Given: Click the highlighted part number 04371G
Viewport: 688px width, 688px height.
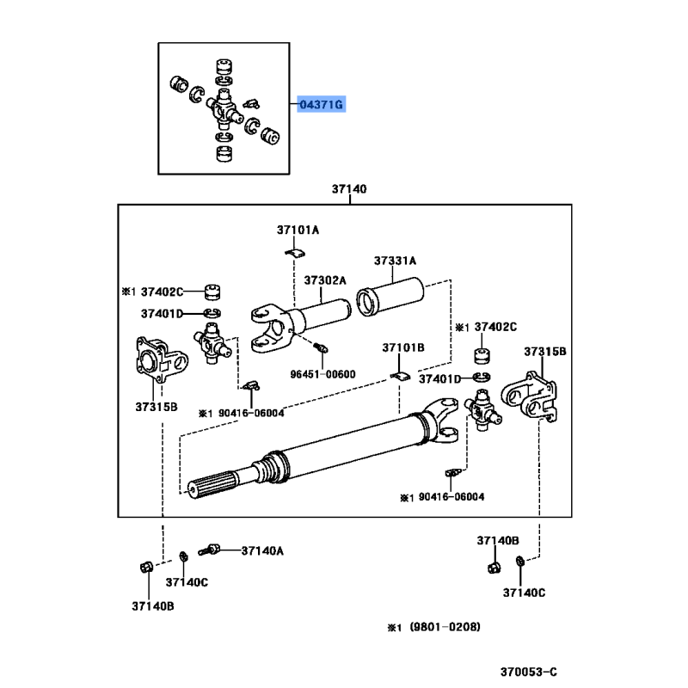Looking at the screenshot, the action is (x=321, y=104).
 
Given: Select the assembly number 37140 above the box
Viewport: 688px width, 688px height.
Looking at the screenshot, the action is (x=349, y=188).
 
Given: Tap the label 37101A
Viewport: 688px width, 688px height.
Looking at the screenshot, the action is (x=298, y=230).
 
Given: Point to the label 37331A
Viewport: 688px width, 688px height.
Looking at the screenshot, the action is (x=395, y=261).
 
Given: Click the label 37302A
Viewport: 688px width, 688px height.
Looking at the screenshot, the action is (x=325, y=280).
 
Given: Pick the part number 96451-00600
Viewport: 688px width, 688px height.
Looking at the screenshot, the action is (x=323, y=374).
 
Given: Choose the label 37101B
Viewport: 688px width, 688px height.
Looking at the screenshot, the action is (x=403, y=347).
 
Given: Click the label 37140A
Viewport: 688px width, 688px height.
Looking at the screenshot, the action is (x=262, y=550).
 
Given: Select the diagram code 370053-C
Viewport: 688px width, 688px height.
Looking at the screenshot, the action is (x=529, y=672).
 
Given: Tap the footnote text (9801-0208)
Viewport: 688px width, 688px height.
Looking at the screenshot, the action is (x=445, y=627).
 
